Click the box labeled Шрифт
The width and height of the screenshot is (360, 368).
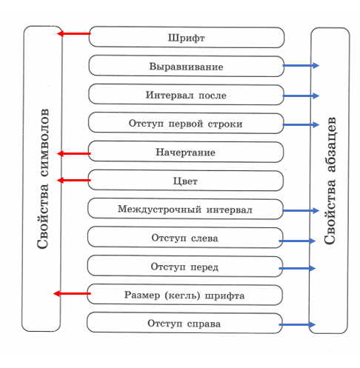click(187, 37)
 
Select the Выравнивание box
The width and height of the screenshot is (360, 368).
click(187, 66)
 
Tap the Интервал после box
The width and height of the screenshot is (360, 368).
click(186, 95)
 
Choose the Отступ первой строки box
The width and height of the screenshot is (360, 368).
click(186, 123)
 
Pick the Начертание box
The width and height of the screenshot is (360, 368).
click(186, 152)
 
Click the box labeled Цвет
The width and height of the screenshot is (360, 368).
click(185, 181)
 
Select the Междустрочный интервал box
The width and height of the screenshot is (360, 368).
click(185, 209)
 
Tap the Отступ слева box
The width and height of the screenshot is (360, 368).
click(185, 238)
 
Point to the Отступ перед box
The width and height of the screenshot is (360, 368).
click(185, 267)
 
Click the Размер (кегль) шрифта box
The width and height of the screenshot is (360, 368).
click(184, 295)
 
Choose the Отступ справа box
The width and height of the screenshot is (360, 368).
click(184, 323)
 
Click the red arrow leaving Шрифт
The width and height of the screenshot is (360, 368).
click(74, 33)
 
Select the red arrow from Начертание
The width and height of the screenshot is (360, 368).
click(74, 154)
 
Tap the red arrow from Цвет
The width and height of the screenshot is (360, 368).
click(74, 181)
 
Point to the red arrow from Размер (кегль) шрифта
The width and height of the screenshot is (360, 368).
click(72, 293)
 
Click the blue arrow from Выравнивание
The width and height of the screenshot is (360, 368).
click(301, 65)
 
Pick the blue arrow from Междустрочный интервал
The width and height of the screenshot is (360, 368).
click(301, 210)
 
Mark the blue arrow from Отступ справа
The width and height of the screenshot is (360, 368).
click(297, 324)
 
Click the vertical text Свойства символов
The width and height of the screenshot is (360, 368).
click(42, 178)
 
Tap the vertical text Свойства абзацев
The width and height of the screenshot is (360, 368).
click(330, 181)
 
